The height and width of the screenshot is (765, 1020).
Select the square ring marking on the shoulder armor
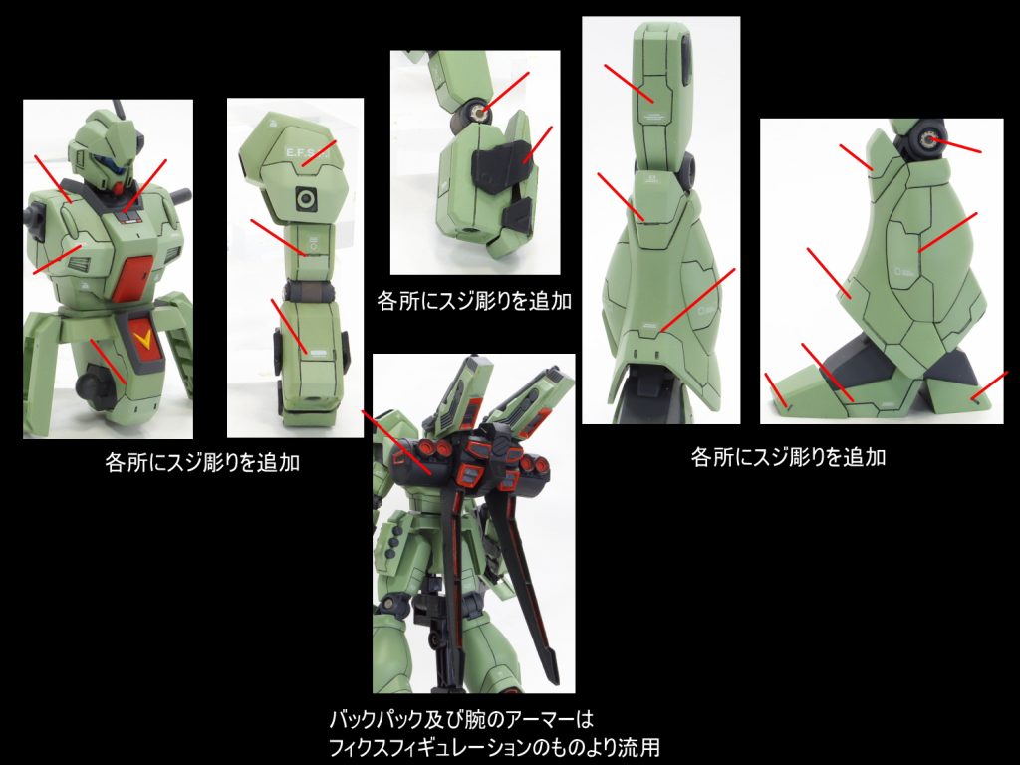coord(305,198)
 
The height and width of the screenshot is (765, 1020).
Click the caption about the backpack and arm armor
coord(494,734)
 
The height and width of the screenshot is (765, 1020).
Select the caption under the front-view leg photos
coord(788,457)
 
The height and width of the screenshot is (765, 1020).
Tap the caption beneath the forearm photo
coord(474,301)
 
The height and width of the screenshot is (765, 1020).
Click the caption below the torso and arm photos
coord(202,462)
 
